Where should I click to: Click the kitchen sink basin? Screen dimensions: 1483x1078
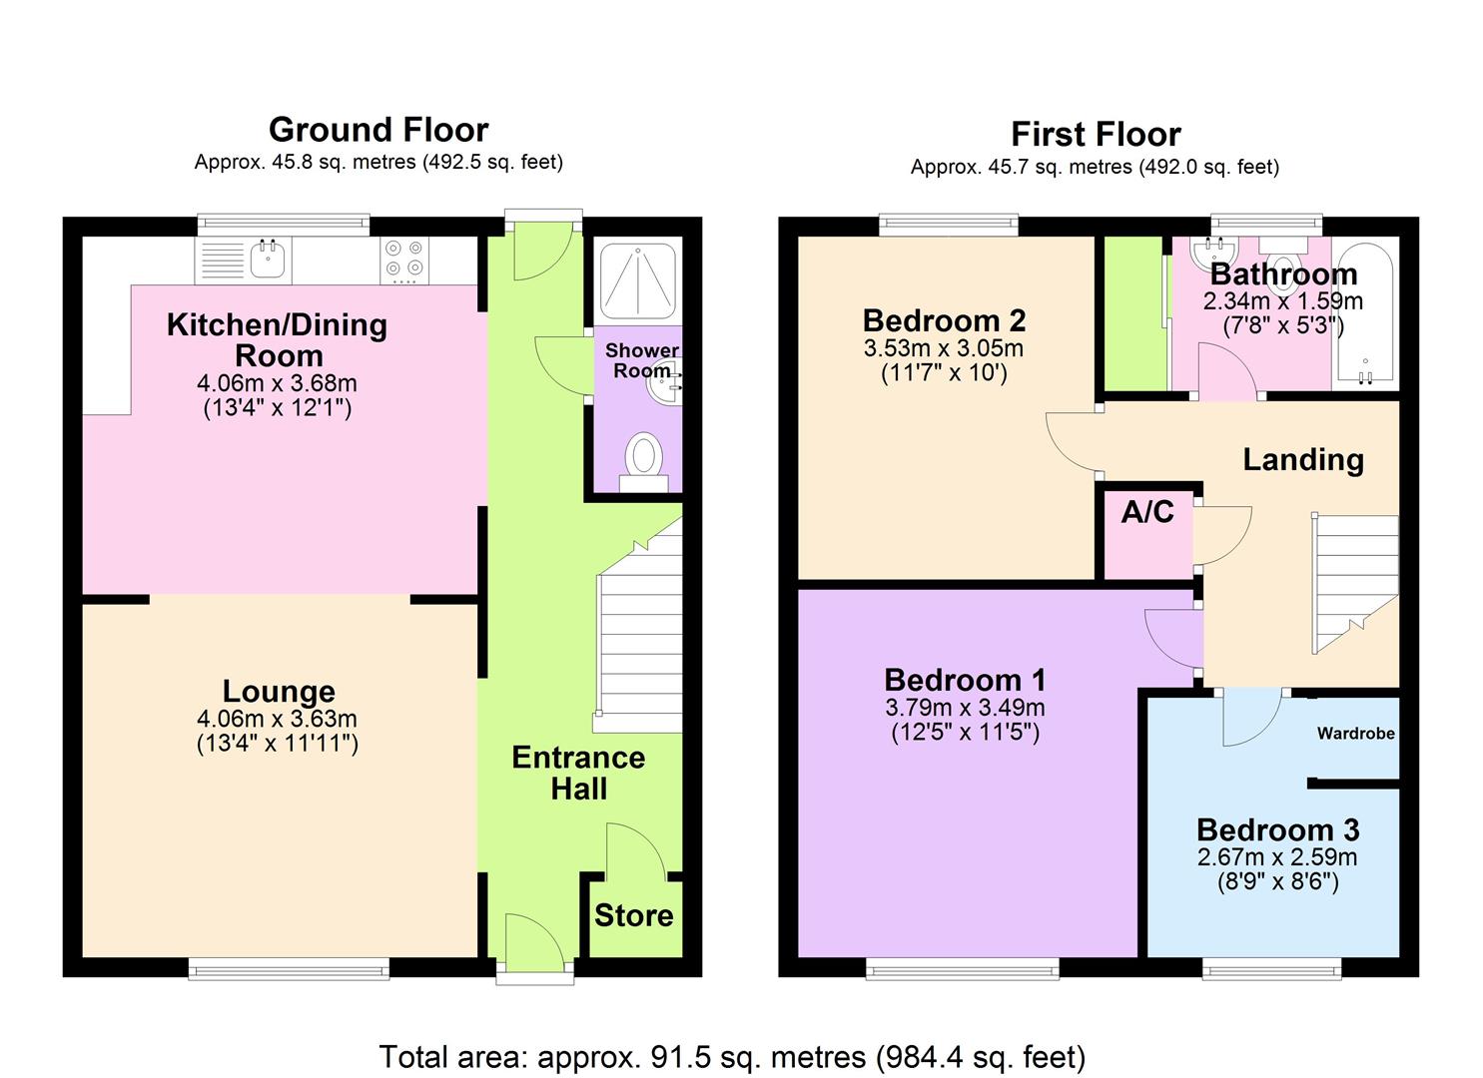pos(268,260)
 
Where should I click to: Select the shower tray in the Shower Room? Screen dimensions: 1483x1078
pos(637,279)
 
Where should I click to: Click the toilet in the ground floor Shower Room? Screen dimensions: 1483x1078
pos(643,462)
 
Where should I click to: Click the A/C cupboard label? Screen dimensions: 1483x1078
pos(1147,511)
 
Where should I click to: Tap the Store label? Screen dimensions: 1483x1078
pos(633,916)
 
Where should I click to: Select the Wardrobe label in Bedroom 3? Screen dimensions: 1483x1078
pos(1356,734)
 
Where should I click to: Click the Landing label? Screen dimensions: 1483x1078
pos(1303,460)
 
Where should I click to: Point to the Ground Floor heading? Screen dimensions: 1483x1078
pos(378,130)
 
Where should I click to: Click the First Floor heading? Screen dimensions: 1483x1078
pos(1096,135)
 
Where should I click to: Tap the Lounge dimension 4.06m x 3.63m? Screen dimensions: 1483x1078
pos(277,719)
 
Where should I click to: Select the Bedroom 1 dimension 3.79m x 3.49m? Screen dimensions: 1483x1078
pos(965,708)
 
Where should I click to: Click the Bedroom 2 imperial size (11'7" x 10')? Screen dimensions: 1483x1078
pos(944,373)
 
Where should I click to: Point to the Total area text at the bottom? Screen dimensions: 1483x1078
pos(732,1057)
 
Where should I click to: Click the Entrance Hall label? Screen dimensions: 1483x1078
pos(578,773)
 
